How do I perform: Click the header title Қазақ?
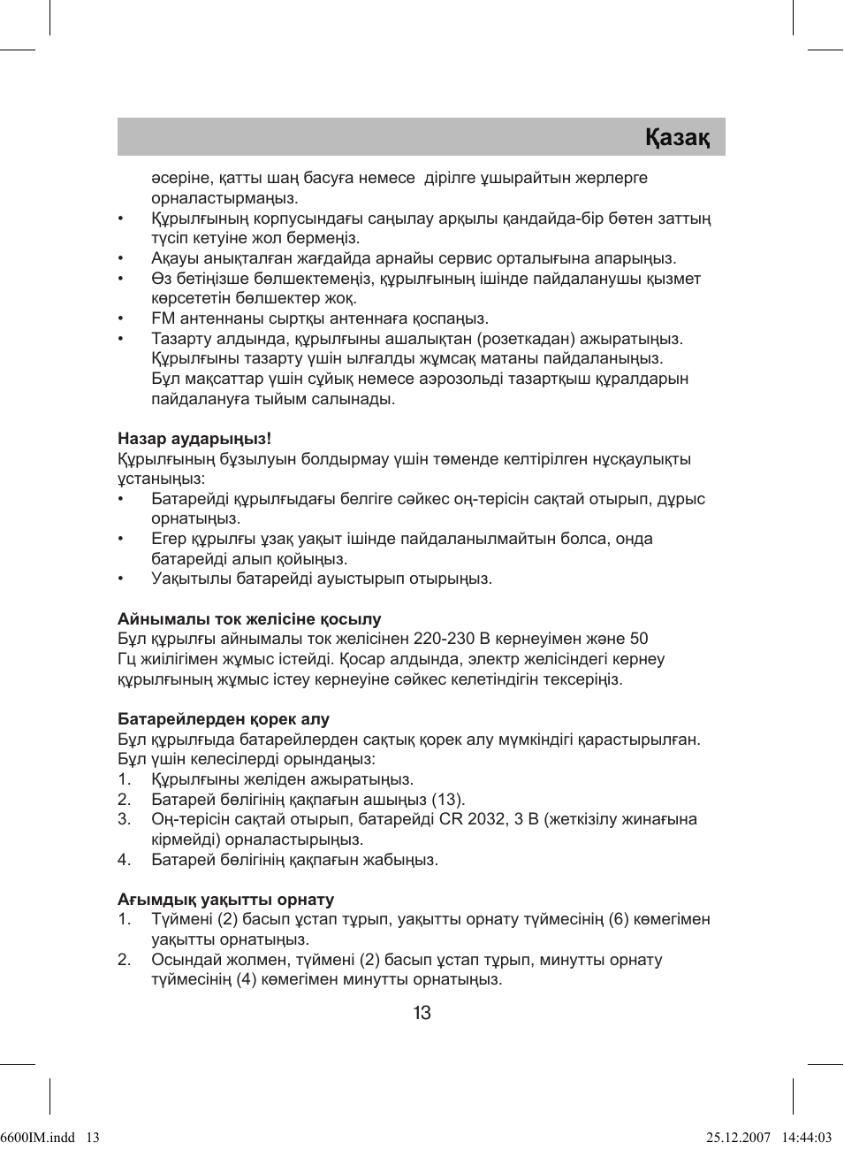coord(677,138)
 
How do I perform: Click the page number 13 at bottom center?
coord(422,1013)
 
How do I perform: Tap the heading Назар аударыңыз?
coord(194,439)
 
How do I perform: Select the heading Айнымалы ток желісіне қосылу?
coord(249,619)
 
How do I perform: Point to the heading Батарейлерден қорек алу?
coord(224,719)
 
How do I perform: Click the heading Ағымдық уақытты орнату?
coord(226,900)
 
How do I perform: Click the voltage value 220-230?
coord(444,639)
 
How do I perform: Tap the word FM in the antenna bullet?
coord(163,318)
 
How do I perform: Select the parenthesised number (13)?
coord(448,800)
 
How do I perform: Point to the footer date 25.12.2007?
coord(739,1138)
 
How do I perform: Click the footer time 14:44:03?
coord(805,1138)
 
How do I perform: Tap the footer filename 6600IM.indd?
coord(37,1138)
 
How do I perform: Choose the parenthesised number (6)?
coord(619,920)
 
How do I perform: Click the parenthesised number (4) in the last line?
coord(247,980)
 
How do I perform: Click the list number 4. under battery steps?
coord(125,860)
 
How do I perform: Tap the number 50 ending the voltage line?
coord(638,639)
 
